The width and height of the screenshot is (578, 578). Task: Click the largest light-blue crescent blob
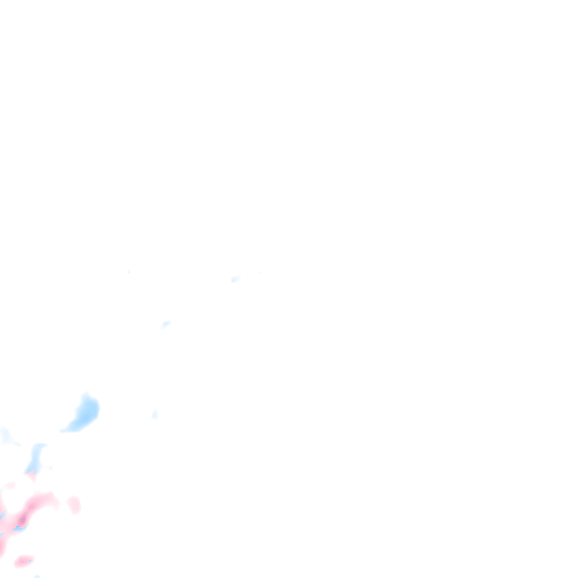point(85,414)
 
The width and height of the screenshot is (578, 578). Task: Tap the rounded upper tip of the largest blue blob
point(87,397)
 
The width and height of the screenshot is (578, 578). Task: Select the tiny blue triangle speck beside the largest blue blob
point(154,415)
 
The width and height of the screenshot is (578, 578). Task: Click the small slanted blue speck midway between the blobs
point(165,325)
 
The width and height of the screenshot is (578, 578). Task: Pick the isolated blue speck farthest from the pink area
point(235,279)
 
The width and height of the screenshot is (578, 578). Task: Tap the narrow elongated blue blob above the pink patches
point(35,458)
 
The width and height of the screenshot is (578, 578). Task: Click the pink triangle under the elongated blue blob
point(33,476)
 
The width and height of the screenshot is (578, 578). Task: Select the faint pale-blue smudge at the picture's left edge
point(6,436)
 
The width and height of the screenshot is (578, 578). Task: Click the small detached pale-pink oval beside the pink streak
point(74,504)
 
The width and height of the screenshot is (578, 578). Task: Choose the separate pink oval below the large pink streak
point(24,561)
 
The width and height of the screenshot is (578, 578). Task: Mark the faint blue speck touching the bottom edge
point(37,576)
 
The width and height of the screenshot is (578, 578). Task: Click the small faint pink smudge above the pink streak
point(10,485)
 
